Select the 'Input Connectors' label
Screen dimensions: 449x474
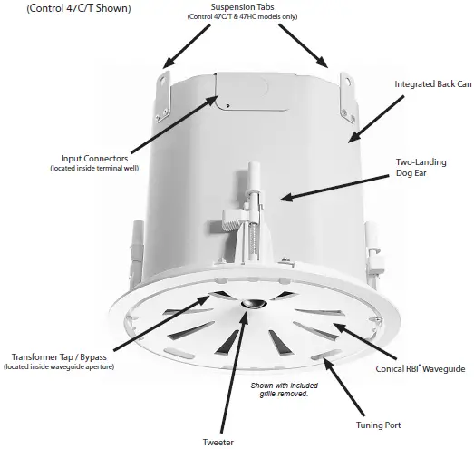click(95, 158)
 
